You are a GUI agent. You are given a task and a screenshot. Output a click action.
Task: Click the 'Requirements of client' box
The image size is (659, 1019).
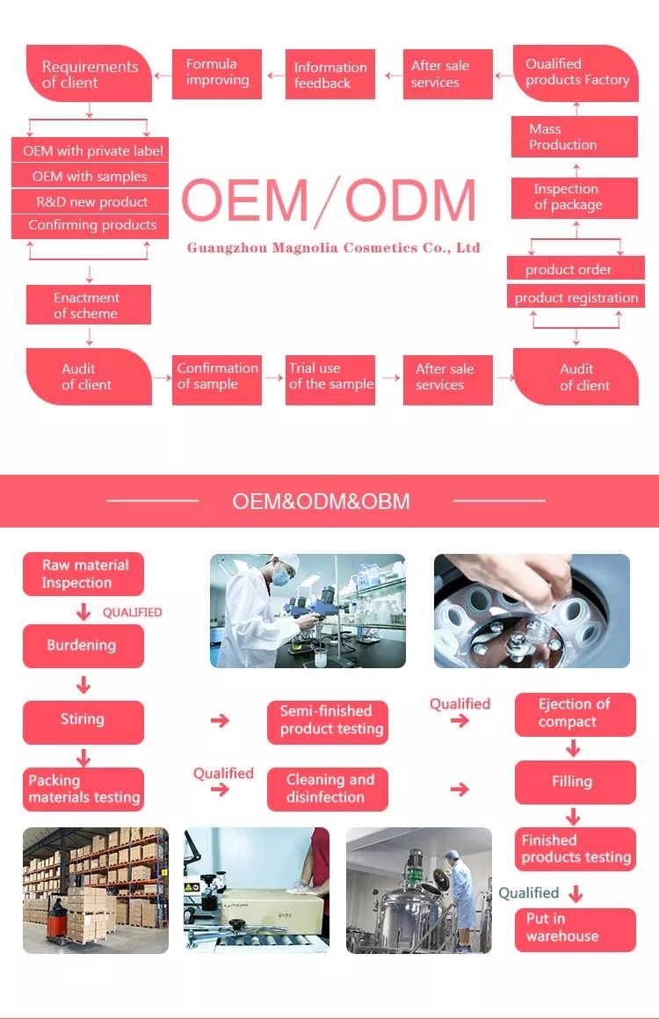point(89,75)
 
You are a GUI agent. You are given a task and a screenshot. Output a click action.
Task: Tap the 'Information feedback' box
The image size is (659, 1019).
point(331,75)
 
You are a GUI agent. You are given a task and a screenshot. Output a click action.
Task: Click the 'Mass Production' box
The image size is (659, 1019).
point(575,137)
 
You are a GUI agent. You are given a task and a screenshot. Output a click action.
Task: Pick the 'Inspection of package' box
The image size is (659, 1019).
point(575,197)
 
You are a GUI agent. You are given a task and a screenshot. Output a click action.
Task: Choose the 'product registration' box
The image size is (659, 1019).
point(576,297)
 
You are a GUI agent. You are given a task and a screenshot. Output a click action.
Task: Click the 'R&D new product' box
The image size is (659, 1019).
point(91,201)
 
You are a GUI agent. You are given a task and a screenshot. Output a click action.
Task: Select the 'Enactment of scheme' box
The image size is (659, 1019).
point(88,306)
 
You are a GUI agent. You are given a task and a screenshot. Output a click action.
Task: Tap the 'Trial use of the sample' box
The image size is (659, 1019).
point(330,377)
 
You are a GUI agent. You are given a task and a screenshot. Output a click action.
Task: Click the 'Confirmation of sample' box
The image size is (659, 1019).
point(217,377)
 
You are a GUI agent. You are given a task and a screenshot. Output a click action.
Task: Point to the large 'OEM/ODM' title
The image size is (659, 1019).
point(329,201)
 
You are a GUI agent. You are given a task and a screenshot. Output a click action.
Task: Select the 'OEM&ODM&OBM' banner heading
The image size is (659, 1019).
point(321,502)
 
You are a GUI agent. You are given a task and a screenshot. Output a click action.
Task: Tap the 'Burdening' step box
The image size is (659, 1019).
point(83,645)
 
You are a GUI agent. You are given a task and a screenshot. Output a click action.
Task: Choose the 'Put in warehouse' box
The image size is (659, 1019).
point(575,928)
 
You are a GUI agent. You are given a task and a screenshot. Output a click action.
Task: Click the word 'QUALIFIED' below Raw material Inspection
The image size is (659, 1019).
point(133,613)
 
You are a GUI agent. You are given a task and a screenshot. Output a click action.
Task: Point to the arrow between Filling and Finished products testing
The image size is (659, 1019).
point(573,816)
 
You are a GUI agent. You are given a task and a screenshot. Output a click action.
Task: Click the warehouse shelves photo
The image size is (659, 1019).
point(95,890)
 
